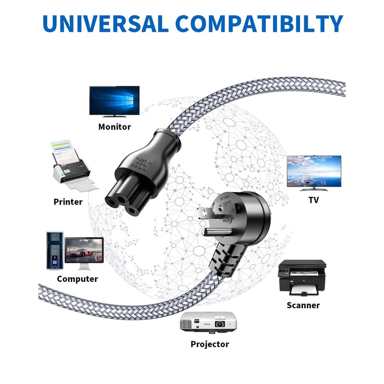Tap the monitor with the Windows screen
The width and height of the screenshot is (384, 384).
114,101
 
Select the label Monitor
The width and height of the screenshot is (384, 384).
114,127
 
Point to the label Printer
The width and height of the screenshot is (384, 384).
68,202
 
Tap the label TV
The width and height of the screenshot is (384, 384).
313,200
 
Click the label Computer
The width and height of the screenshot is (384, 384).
77,279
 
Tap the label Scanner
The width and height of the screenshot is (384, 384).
303,305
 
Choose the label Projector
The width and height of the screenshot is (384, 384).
210,344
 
